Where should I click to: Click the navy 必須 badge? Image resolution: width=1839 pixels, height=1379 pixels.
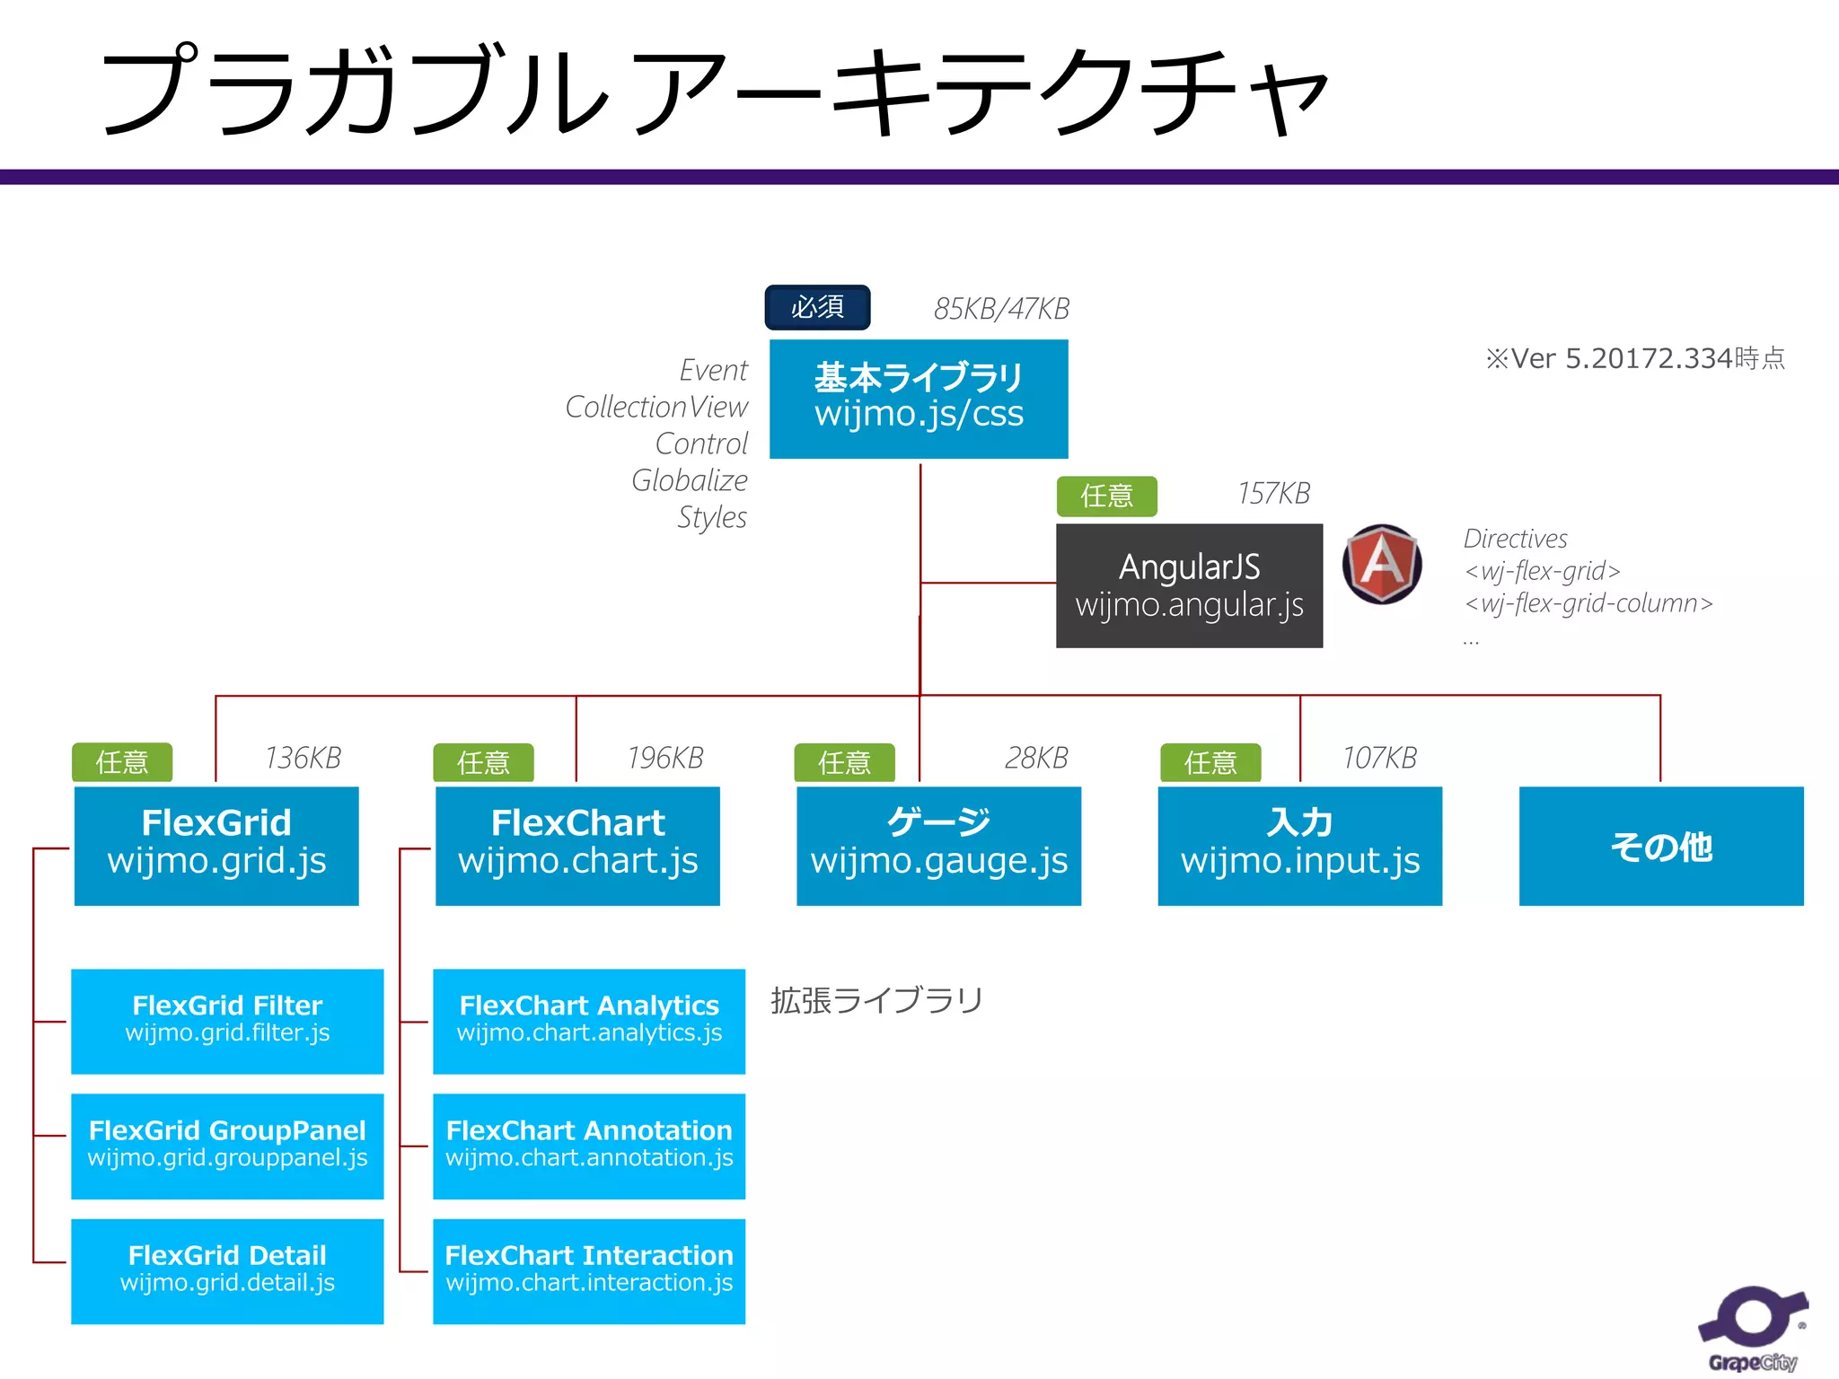point(817,307)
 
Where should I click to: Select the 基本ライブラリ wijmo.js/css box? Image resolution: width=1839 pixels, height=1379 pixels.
point(919,399)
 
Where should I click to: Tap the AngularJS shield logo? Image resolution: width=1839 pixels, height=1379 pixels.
point(1382,564)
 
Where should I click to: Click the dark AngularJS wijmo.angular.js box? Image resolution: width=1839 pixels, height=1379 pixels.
point(1189,585)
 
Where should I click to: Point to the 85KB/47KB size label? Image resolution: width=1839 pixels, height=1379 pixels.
point(1001,309)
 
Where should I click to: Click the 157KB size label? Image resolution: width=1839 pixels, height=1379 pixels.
point(1273,493)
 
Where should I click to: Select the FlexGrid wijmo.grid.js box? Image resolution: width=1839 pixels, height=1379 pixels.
point(216,846)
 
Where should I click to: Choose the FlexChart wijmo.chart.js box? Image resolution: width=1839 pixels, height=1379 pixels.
point(577,846)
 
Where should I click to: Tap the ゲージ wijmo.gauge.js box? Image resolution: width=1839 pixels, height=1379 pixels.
point(938,846)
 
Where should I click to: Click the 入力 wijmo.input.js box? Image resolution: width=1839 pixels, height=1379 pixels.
point(1299,846)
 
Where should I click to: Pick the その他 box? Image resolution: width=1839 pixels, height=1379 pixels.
point(1661,846)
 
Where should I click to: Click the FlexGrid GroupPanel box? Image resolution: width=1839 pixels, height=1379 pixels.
point(227,1146)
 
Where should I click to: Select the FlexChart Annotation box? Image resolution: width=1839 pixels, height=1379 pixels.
point(589,1146)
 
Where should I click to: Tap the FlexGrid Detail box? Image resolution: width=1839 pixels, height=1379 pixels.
point(227,1270)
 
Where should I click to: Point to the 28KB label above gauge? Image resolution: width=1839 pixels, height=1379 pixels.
point(1035,758)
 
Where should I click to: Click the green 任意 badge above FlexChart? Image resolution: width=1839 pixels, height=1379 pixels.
point(483,762)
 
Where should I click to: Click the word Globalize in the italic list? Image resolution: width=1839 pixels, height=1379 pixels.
point(689,480)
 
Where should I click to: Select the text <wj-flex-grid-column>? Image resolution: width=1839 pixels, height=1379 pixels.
point(1588,603)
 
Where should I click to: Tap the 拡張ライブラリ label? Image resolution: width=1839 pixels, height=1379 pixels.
point(876,1000)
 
